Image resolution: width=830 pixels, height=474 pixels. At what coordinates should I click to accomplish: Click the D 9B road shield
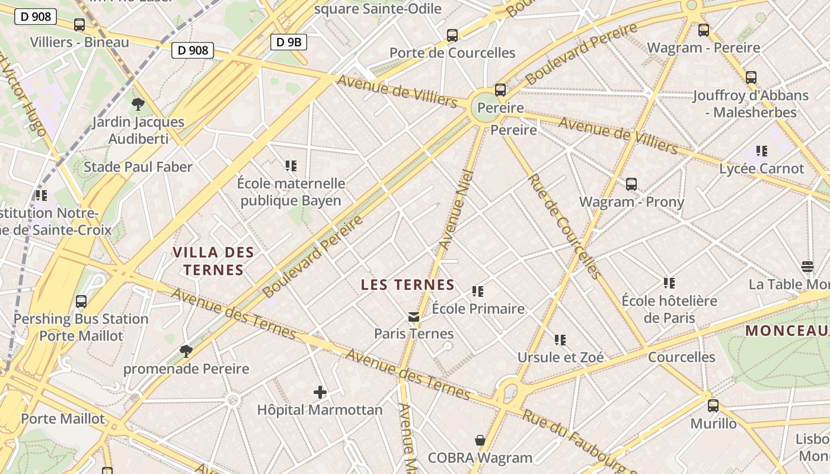(289, 41)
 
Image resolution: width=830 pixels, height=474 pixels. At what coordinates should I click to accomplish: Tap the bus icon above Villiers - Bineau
(79, 25)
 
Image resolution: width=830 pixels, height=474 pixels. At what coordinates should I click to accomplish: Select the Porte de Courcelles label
(452, 53)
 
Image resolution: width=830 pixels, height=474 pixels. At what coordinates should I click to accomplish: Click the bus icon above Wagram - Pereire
(704, 30)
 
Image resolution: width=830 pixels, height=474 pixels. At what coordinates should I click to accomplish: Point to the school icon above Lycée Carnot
(762, 151)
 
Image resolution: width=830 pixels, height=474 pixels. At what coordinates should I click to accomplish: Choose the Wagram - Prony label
(631, 202)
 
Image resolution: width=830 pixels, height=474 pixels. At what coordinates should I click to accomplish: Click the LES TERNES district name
(408, 285)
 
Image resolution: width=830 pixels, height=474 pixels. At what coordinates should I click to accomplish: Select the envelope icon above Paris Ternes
(414, 317)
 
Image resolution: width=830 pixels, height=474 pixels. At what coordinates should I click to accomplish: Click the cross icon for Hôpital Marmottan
(320, 392)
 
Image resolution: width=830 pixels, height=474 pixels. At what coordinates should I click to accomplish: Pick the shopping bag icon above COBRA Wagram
(480, 440)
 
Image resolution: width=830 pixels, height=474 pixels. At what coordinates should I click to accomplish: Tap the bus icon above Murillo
(713, 406)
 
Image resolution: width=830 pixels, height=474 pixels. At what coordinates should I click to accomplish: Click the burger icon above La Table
(807, 267)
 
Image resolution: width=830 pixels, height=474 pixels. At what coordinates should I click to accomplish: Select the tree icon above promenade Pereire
(186, 351)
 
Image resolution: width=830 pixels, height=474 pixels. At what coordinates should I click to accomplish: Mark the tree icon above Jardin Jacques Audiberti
(138, 105)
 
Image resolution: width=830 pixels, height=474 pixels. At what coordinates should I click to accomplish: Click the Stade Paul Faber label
(138, 167)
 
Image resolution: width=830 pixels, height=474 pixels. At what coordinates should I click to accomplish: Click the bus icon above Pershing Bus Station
(81, 302)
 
